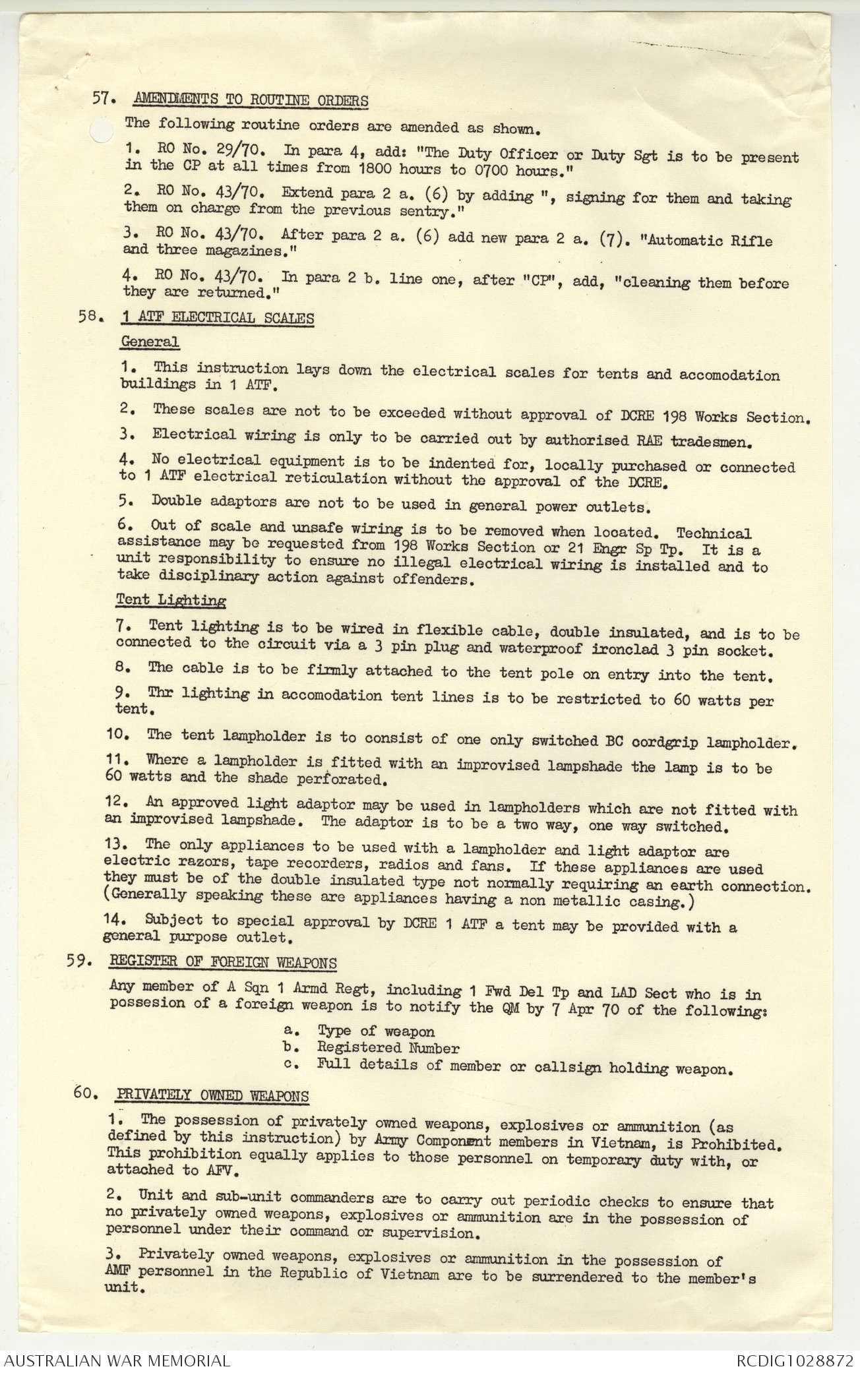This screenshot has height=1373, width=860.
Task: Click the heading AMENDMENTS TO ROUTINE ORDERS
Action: [x=251, y=100]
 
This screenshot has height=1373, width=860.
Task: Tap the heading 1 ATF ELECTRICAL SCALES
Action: [x=217, y=318]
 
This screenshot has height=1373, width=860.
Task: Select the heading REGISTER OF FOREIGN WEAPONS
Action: [x=223, y=962]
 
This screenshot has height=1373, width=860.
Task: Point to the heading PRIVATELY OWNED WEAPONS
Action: [x=212, y=1096]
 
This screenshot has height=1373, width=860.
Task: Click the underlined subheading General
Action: [x=150, y=342]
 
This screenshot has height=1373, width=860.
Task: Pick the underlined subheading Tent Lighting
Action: [x=171, y=599]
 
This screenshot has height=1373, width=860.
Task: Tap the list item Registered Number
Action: [x=388, y=1048]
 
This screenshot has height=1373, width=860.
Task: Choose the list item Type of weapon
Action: [x=376, y=1031]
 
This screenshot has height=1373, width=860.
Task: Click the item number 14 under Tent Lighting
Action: [x=114, y=919]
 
